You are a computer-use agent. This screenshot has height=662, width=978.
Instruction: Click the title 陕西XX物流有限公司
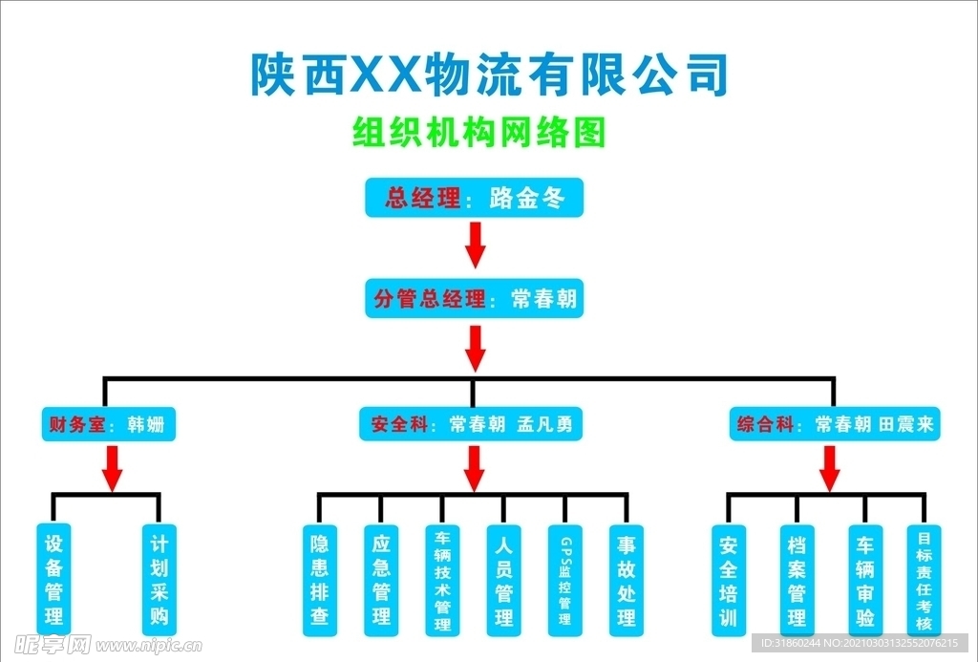489,75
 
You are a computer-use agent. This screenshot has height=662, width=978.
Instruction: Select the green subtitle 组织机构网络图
479,133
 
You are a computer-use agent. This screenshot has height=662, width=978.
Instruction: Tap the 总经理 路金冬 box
474,199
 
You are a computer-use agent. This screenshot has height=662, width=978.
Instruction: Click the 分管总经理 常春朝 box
475,299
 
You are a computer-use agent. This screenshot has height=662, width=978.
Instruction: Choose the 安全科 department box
474,424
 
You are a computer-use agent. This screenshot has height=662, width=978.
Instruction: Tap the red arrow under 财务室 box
112,467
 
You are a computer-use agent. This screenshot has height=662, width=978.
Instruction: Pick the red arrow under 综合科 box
830,467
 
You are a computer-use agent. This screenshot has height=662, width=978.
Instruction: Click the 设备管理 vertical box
53,579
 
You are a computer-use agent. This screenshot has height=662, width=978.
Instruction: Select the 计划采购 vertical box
159,579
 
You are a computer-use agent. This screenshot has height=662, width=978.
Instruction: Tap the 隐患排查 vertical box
320,580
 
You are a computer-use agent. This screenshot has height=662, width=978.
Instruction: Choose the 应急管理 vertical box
381,580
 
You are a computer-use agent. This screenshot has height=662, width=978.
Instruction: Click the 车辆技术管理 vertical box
442,580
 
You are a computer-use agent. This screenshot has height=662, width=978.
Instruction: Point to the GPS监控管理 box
564,580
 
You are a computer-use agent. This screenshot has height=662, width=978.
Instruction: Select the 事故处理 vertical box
626,580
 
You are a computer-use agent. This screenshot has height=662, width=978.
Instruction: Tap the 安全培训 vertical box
729,580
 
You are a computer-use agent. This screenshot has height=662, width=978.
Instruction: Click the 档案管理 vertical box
797,580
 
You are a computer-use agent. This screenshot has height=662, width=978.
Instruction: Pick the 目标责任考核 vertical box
924,580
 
